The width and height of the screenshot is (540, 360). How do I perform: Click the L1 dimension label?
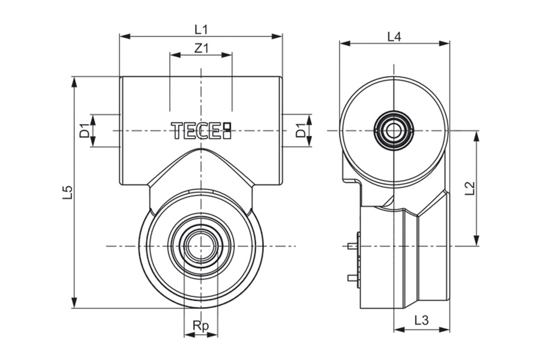coord(201,29)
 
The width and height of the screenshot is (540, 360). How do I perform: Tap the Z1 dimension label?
coord(202,49)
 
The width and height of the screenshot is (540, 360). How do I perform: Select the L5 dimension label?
coord(68,192)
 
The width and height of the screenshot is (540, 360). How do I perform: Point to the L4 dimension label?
coord(394,37)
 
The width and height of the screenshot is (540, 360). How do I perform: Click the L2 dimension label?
coord(470,188)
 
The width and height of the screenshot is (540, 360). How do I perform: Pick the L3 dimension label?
coord(421,320)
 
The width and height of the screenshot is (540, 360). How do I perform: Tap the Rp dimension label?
coord(201,326)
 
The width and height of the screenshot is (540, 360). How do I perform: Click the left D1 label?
coord(85,131)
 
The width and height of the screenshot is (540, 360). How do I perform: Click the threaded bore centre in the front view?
coord(201,245)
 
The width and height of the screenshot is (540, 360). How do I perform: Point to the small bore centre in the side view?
coord(393,131)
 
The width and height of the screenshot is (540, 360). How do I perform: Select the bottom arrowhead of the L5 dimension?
coord(74,303)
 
